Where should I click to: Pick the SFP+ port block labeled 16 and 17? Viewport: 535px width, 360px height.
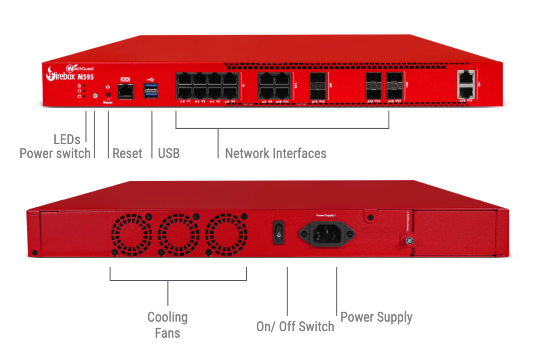pyautogui.click(x=395, y=87)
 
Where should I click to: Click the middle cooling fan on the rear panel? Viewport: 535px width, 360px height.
pyautogui.click(x=178, y=235)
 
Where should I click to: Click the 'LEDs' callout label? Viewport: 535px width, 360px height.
pyautogui.click(x=67, y=139)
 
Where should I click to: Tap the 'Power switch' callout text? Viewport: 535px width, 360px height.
pyautogui.click(x=55, y=153)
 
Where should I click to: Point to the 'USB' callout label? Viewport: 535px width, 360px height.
pyautogui.click(x=169, y=153)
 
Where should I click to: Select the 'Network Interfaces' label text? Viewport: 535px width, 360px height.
pyautogui.click(x=276, y=153)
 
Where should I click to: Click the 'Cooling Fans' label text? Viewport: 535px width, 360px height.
pyautogui.click(x=167, y=325)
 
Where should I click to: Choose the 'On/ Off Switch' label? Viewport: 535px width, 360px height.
pyautogui.click(x=295, y=327)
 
